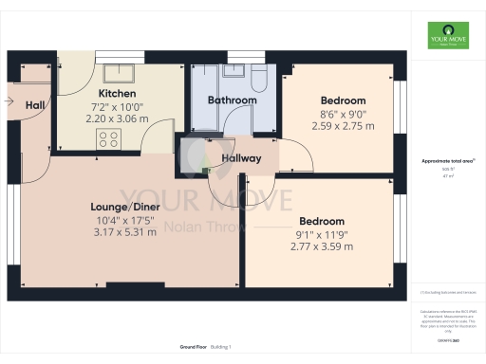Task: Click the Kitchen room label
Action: (x=119, y=94)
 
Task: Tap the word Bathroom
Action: (x=234, y=100)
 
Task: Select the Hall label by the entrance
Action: (x=35, y=104)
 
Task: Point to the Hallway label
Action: (x=241, y=158)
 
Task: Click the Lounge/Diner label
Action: (x=124, y=206)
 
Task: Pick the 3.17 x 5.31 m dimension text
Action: (x=124, y=232)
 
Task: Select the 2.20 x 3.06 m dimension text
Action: (x=119, y=120)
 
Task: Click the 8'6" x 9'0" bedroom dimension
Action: (x=343, y=114)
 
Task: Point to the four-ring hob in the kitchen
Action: (x=108, y=138)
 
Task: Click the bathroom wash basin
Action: (x=230, y=73)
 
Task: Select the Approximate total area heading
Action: (x=448, y=162)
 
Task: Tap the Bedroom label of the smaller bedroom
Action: (x=343, y=100)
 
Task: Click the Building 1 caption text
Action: (x=220, y=348)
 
